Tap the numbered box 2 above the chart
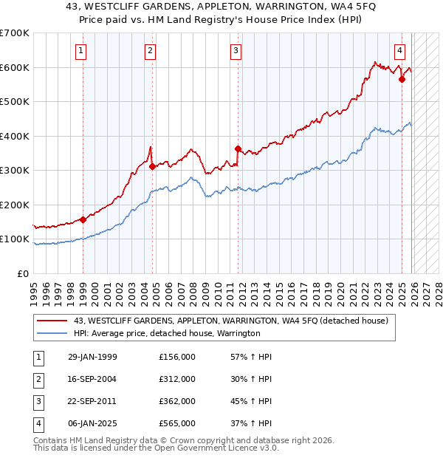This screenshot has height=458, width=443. click(x=150, y=51)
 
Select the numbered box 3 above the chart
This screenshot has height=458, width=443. click(x=236, y=51)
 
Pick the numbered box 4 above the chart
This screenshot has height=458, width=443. click(x=399, y=51)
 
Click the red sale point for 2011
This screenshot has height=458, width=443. click(x=238, y=148)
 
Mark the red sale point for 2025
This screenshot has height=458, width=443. click(x=402, y=79)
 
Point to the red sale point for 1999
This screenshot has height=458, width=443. click(x=83, y=219)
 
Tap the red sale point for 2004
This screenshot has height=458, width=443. click(x=152, y=166)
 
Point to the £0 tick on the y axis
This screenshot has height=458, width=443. click(x=24, y=273)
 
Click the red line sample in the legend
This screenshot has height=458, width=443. click(x=52, y=321)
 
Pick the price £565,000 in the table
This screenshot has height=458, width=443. click(x=177, y=423)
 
